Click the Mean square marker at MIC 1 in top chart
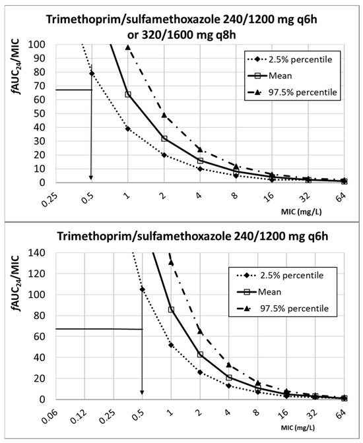click(128, 94)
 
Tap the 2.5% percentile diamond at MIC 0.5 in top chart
click(92, 73)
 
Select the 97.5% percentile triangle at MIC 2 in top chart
click(164, 115)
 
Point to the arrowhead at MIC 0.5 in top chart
click(92, 178)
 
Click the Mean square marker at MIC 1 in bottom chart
click(171, 309)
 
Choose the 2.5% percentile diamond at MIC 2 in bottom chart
click(199, 372)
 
